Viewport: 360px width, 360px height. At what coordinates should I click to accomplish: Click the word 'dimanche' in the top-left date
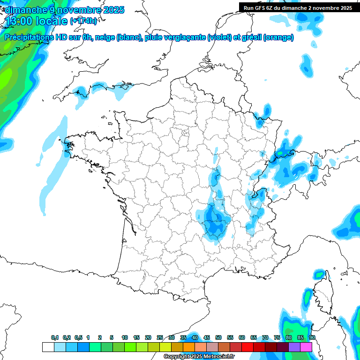coord(23,10)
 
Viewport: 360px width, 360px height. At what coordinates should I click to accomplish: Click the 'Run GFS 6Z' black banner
coord(298,8)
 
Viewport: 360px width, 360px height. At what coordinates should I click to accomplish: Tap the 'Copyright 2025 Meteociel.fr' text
coord(199,357)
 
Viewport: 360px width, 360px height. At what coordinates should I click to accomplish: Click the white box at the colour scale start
coord(48,347)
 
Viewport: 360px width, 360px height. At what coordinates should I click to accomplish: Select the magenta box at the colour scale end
coord(306,347)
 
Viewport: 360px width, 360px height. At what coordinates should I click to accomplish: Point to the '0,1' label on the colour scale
coord(55,337)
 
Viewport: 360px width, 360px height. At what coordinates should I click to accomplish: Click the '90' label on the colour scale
coord(312,337)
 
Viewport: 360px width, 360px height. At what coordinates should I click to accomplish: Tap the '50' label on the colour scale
coord(218,337)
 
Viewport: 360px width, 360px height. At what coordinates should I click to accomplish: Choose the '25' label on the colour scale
coord(160,337)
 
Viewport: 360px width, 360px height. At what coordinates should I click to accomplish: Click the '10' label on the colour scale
coord(125,337)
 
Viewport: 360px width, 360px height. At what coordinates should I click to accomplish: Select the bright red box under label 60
coord(247,347)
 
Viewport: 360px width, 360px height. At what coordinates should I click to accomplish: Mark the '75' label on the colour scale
coord(277,337)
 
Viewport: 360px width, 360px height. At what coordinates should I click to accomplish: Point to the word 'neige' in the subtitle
coord(104,37)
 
